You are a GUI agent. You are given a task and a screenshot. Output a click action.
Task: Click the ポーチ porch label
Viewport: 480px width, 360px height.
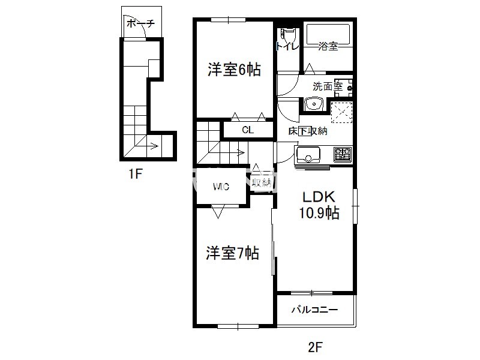point(140,23)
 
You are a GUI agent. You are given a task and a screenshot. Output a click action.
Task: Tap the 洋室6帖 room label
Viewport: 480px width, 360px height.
point(234,70)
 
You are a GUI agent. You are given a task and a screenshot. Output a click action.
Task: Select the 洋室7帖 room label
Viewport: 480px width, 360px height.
point(232,253)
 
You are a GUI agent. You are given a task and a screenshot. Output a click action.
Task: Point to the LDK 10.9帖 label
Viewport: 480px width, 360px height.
point(319,205)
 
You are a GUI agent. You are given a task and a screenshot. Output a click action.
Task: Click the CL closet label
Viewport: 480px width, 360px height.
point(248,130)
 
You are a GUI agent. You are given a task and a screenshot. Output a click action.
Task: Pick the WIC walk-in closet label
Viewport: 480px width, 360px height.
point(221,187)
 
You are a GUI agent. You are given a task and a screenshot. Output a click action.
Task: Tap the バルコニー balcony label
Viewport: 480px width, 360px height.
point(314,310)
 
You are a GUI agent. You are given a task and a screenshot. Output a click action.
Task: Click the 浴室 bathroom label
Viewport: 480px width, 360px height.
point(328,46)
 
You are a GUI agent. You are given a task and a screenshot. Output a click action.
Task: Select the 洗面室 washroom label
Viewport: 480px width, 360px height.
point(327,86)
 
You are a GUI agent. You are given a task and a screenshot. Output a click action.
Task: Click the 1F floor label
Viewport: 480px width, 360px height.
point(135,174)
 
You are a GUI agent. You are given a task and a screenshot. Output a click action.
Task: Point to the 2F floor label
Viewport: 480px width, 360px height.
point(316,347)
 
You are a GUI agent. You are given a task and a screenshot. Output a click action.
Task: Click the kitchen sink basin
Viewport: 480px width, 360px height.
point(308,155)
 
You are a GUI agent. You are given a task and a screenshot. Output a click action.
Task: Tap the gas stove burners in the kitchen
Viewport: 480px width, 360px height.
point(343,155)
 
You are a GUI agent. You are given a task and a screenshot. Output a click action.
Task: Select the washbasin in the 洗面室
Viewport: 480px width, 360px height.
point(314,104)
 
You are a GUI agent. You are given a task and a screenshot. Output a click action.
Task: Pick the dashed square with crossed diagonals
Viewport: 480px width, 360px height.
point(341,112)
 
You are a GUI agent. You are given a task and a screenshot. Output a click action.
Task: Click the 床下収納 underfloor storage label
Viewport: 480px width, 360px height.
point(308,131)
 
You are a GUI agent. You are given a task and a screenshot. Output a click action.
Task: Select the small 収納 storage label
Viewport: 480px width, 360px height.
point(261,183)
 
